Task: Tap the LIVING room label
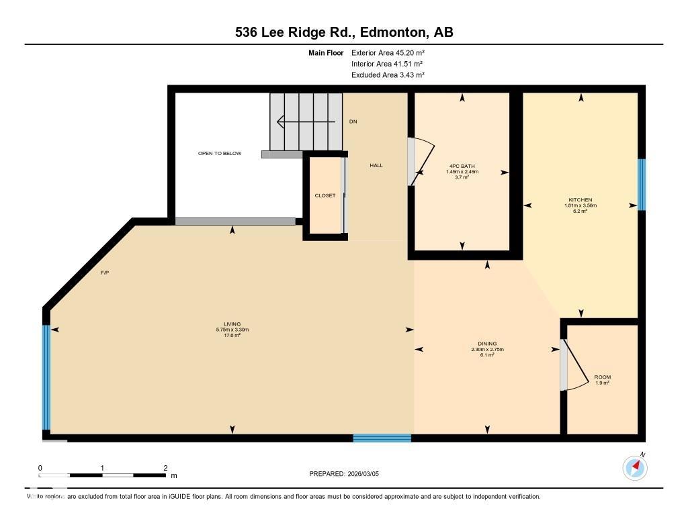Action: point(232,324)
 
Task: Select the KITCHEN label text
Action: point(580,199)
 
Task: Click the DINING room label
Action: point(487,343)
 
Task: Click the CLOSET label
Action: point(325,195)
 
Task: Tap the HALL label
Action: point(376,165)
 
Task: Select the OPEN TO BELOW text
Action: point(219,153)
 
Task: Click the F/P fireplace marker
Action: point(105,273)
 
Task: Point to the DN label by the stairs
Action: point(353,122)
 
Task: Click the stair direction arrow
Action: point(306,122)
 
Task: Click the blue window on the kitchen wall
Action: point(641,185)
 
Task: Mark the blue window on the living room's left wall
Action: point(46,377)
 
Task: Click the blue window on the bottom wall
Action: point(382,438)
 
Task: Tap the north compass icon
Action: point(635,467)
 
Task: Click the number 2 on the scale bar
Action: point(165,468)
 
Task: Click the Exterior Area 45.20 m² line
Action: point(388,52)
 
